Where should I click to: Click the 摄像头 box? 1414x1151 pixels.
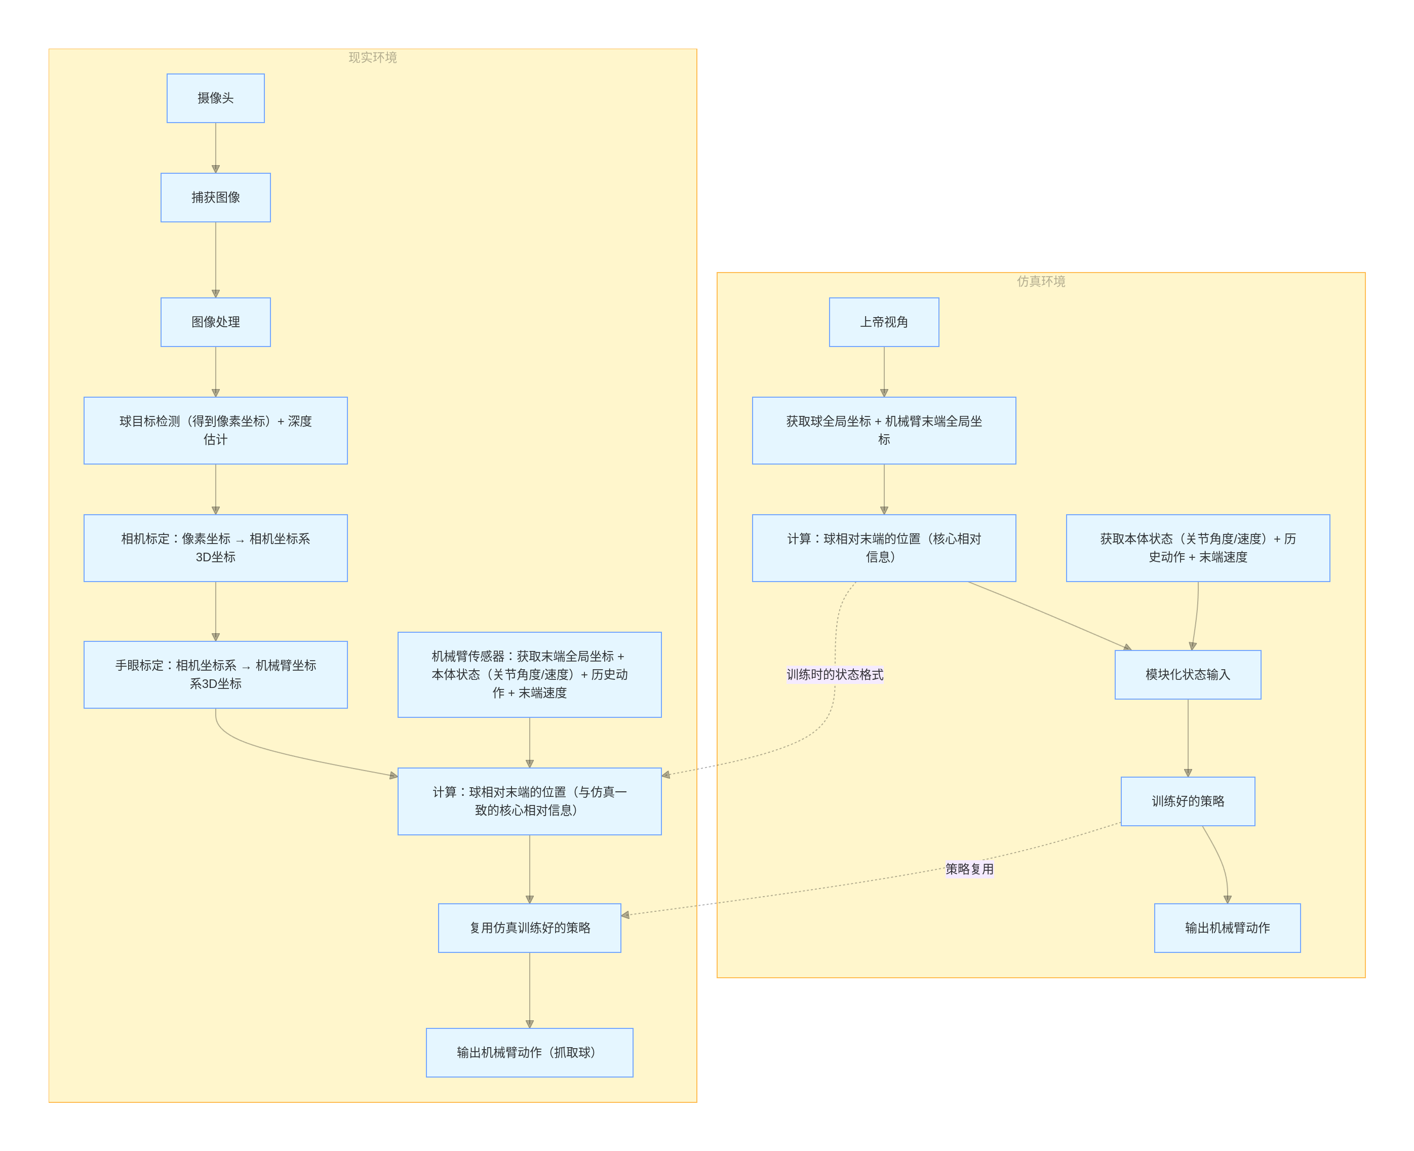(215, 98)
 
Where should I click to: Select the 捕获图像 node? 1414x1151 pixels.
(215, 198)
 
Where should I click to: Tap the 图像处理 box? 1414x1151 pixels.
(215, 322)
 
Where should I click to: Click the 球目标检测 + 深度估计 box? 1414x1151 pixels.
(215, 430)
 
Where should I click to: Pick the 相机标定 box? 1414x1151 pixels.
(215, 548)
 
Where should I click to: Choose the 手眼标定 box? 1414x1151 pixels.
(215, 674)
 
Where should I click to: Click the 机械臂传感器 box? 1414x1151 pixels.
(529, 674)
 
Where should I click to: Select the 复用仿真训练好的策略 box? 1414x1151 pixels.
(529, 928)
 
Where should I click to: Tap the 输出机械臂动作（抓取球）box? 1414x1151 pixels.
(529, 1052)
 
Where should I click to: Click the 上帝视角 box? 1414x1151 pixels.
(884, 322)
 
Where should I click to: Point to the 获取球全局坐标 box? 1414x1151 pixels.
(884, 430)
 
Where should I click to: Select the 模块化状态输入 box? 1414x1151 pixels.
(1187, 674)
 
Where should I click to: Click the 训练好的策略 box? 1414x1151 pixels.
(1187, 801)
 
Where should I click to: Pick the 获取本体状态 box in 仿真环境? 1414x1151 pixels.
(1197, 548)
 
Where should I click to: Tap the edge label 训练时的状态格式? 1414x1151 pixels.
(835, 674)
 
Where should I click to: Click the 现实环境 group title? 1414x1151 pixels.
(373, 58)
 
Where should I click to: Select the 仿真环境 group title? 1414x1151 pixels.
(1041, 281)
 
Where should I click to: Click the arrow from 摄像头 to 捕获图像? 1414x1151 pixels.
(215, 148)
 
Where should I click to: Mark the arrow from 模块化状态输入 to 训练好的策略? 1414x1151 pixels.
(1187, 737)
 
